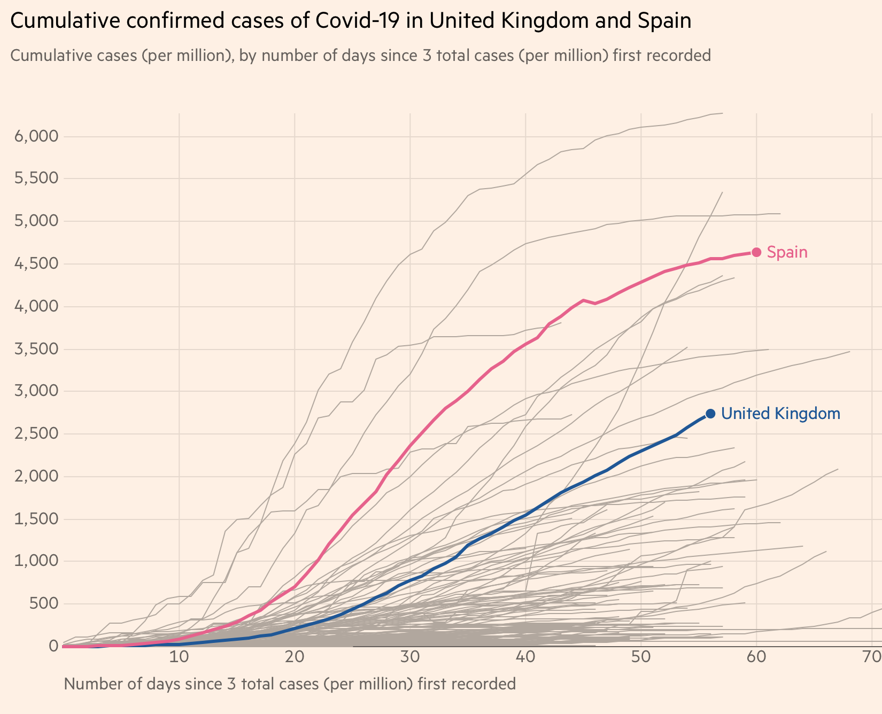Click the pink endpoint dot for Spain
point(756,252)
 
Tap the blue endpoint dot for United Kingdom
point(710,414)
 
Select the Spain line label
point(787,252)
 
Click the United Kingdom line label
point(780,414)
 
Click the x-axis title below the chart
point(290,684)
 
